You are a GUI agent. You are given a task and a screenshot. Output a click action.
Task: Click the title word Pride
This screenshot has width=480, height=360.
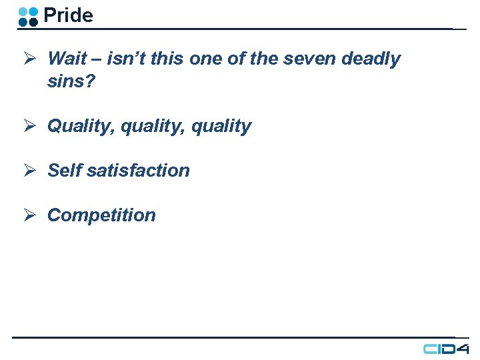click(x=68, y=15)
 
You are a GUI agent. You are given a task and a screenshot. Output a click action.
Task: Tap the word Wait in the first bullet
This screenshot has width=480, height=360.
click(x=67, y=59)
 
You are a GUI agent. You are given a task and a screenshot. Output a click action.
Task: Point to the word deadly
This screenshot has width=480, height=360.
click(x=371, y=59)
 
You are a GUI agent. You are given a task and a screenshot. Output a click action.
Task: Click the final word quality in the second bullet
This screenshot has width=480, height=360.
click(x=221, y=127)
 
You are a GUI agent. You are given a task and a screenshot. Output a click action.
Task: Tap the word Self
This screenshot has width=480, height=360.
click(x=64, y=171)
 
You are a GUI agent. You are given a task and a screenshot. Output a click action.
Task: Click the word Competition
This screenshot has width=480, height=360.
click(x=101, y=215)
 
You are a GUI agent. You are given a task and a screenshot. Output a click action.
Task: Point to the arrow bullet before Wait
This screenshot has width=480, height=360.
click(x=29, y=59)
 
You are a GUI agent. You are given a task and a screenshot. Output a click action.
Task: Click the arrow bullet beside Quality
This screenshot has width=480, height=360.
click(x=29, y=127)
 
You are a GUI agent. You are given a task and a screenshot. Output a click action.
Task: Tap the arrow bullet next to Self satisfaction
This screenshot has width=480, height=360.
click(x=29, y=171)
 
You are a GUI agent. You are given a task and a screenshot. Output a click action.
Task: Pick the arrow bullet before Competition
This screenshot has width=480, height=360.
click(x=29, y=215)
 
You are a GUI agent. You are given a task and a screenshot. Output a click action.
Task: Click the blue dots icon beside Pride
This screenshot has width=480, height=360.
click(x=29, y=16)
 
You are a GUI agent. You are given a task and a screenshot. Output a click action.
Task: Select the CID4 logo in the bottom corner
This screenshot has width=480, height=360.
click(x=446, y=349)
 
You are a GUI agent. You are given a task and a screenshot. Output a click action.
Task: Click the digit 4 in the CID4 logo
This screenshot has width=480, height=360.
click(x=461, y=349)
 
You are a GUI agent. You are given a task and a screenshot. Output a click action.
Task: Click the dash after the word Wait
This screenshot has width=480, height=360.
click(x=97, y=59)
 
